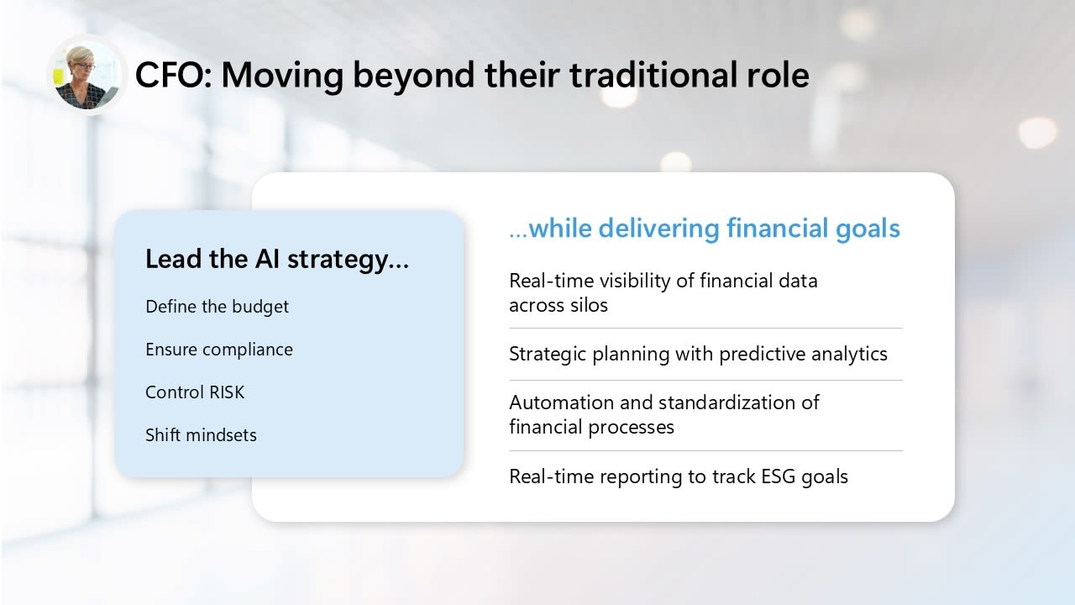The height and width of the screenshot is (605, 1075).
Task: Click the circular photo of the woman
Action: (87, 76)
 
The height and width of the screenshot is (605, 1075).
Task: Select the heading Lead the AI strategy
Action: (277, 260)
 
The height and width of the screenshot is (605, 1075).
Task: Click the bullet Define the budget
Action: (217, 308)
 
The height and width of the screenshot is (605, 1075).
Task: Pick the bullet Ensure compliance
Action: (219, 350)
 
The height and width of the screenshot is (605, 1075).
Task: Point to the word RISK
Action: (227, 392)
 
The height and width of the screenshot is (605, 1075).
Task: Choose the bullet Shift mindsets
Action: (201, 435)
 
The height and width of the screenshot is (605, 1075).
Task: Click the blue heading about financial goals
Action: (705, 229)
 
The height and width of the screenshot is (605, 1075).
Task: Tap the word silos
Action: (590, 305)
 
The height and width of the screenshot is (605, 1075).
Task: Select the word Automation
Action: (562, 402)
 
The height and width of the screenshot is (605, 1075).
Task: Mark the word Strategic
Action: (548, 355)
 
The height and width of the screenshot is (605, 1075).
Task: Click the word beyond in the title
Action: (413, 76)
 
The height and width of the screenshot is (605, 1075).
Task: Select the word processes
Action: (632, 428)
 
